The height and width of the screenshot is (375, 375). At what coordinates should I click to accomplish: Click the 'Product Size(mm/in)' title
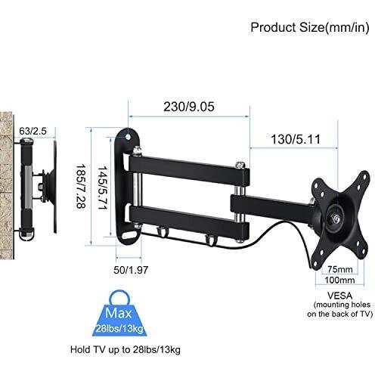click(310, 27)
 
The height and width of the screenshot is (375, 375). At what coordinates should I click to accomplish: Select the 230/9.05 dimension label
click(189, 107)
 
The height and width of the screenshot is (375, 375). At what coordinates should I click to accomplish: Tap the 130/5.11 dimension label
click(296, 139)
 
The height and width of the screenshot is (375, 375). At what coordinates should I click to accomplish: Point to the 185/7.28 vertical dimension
click(82, 186)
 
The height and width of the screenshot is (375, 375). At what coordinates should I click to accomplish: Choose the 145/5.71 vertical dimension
click(103, 187)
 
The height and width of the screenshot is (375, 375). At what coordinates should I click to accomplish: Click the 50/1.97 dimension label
click(131, 270)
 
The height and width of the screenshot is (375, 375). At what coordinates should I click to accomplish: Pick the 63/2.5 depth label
click(33, 131)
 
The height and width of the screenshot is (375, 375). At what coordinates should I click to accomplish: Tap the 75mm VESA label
click(340, 269)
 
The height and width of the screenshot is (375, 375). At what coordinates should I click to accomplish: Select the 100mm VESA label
click(339, 280)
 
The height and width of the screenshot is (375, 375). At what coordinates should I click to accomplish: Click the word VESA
click(340, 295)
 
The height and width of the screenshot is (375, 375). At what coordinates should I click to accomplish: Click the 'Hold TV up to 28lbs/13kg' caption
click(126, 350)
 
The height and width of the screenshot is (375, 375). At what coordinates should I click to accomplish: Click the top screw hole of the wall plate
click(128, 137)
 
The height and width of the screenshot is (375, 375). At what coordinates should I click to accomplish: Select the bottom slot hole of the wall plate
click(130, 234)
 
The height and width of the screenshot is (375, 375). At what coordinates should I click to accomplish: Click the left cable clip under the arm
click(161, 232)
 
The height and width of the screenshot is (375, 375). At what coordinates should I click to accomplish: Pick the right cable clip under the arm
click(210, 240)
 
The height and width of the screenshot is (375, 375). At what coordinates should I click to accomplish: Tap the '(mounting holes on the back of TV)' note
click(340, 309)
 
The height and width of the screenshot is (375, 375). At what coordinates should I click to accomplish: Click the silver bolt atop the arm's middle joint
click(240, 165)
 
